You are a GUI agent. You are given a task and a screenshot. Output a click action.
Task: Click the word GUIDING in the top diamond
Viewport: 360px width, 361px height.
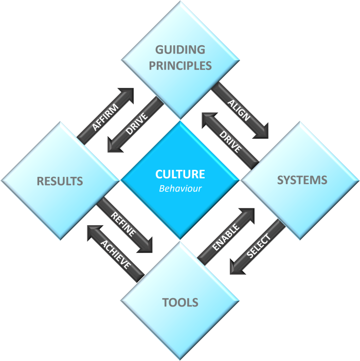(x=180, y=50)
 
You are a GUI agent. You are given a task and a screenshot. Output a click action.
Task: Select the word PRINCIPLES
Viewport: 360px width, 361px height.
(x=180, y=66)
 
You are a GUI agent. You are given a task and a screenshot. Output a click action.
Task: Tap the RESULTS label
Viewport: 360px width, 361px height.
(x=60, y=181)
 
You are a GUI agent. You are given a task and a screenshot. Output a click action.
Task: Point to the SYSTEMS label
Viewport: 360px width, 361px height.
(x=302, y=180)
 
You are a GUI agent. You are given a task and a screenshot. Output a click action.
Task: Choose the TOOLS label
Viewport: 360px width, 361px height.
(x=180, y=302)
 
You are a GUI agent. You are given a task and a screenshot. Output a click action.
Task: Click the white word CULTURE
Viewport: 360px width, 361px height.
(x=180, y=174)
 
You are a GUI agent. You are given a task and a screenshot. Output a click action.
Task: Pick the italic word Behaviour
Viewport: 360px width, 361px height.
(x=180, y=189)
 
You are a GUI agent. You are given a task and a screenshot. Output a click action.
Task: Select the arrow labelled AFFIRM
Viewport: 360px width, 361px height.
(x=105, y=117)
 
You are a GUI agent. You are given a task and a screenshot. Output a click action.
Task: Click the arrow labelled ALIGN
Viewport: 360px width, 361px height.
(x=239, y=110)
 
